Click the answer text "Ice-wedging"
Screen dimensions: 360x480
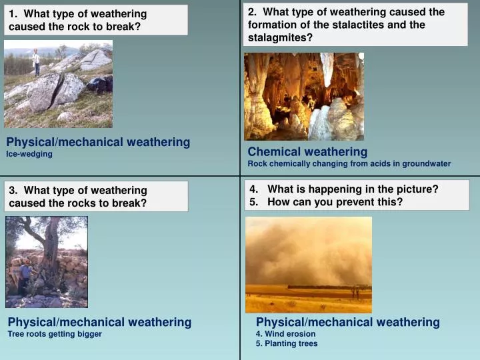pyautogui.click(x=29, y=153)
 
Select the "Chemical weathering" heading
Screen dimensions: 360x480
pyautogui.click(x=307, y=151)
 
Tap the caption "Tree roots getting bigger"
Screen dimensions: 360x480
pyautogui.click(x=55, y=334)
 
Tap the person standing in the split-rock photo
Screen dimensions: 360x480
pyautogui.click(x=36, y=61)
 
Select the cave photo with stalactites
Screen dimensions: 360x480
pyautogui.click(x=303, y=97)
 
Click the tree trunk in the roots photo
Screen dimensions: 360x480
pyautogui.click(x=50, y=253)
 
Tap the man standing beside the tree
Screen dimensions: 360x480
pyautogui.click(x=25, y=277)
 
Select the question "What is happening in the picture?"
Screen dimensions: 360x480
pyautogui.click(x=353, y=189)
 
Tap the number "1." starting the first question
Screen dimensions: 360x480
pyautogui.click(x=14, y=14)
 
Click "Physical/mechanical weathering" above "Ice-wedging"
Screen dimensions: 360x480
pyautogui.click(x=98, y=142)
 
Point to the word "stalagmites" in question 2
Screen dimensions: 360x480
pyautogui.click(x=281, y=37)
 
